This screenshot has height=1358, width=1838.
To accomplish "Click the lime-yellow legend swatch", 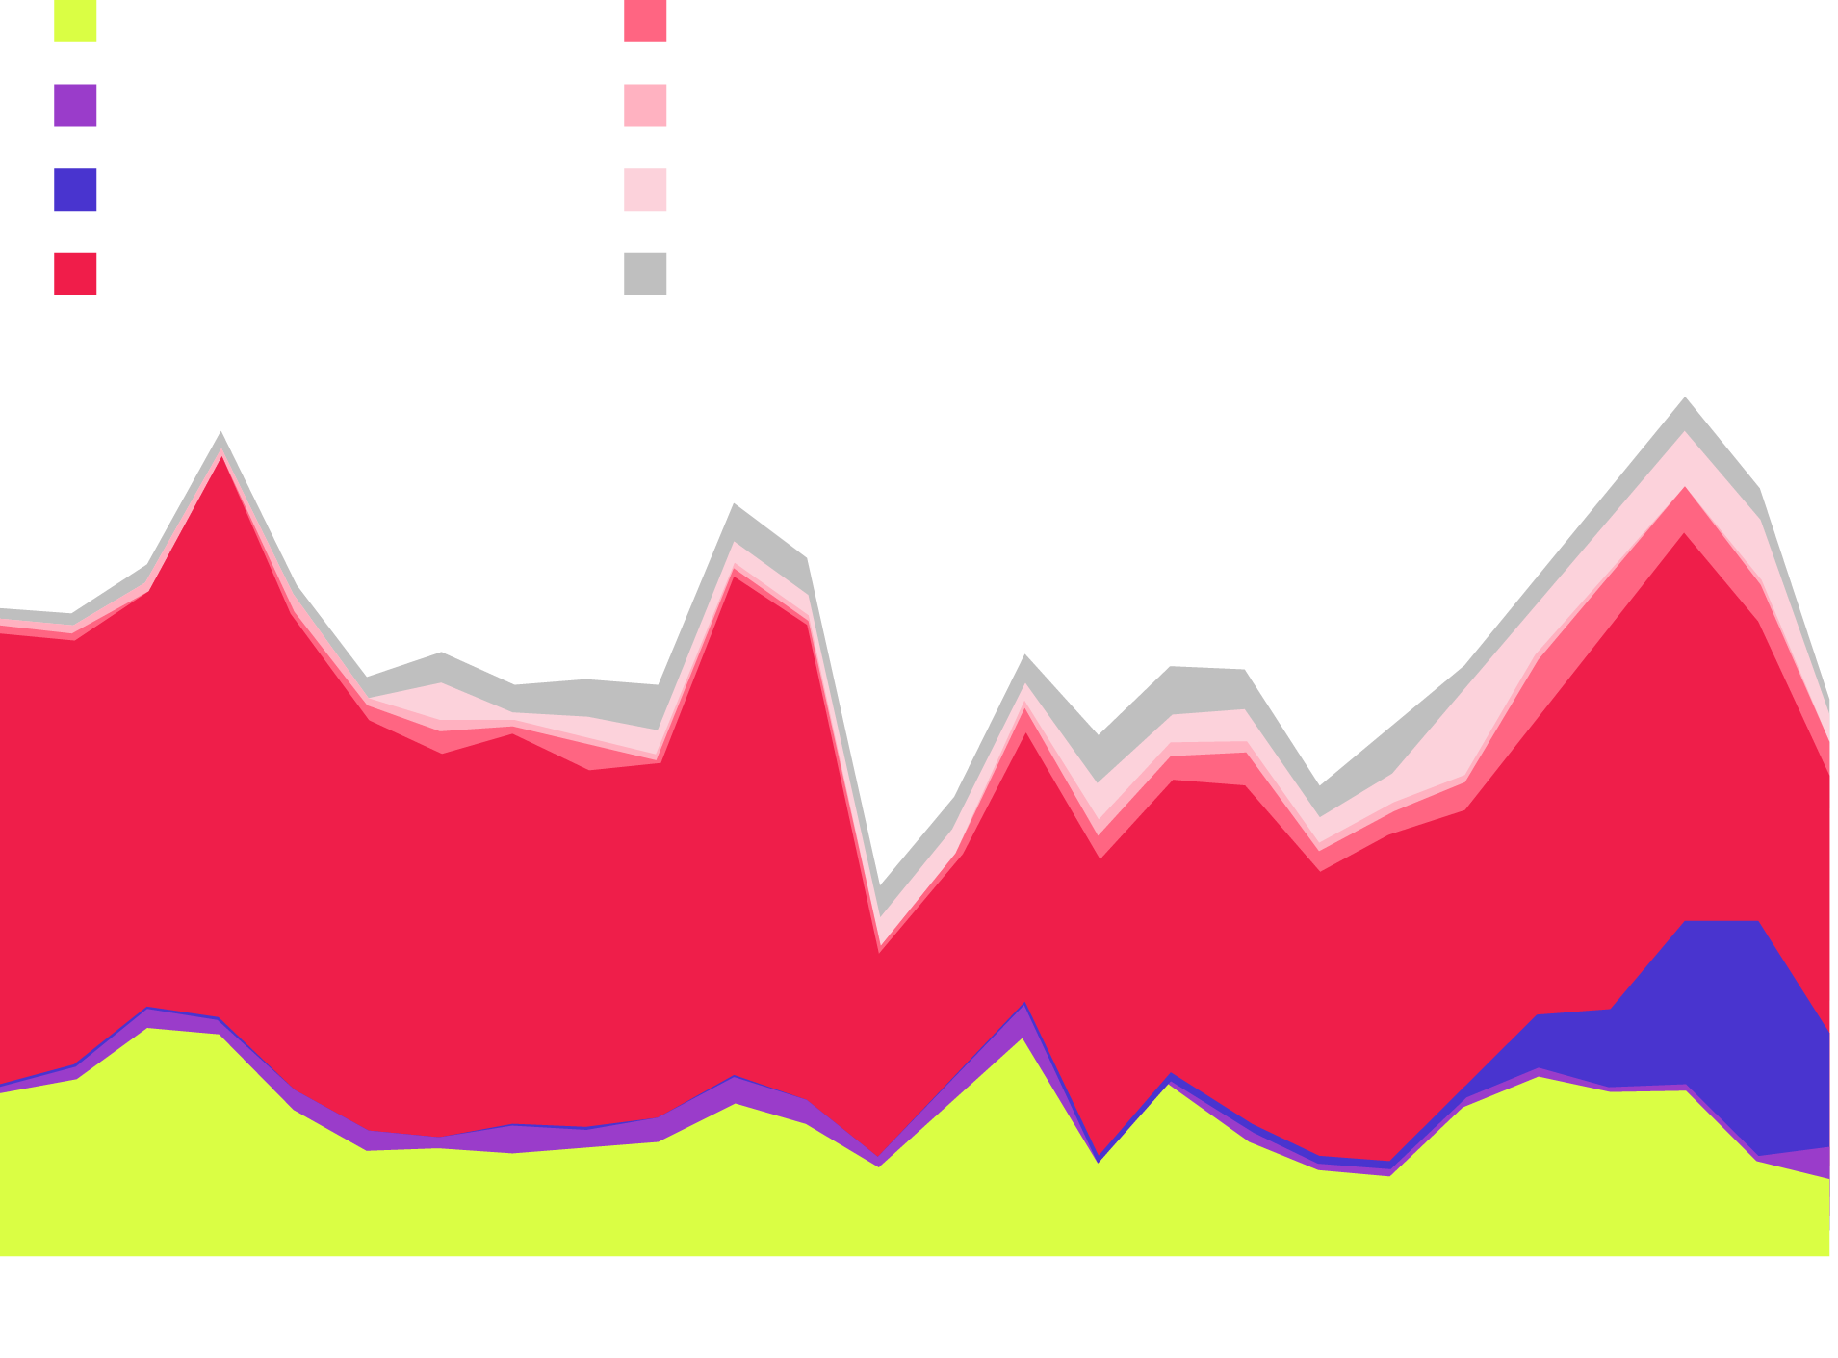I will tap(75, 21).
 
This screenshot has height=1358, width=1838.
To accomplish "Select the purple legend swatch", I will tap(75, 106).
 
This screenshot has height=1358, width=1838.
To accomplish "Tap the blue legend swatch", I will tap(75, 190).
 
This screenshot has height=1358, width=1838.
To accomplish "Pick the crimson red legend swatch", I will tap(75, 273).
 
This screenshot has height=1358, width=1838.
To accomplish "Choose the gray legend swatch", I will tap(645, 273).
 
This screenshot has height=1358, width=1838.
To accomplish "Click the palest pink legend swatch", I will tap(645, 190).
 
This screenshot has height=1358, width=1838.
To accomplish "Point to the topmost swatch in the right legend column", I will tap(645, 21).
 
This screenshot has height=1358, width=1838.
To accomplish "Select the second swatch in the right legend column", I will tap(645, 106).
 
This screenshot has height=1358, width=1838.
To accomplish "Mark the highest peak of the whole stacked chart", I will tap(1685, 397).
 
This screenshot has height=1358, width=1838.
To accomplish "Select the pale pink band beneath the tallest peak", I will tap(1685, 459).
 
